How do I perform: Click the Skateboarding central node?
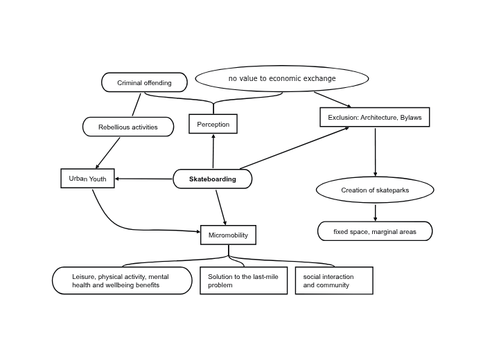tap(212, 179)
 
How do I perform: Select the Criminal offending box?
tap(144, 82)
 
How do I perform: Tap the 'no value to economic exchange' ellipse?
tap(282, 79)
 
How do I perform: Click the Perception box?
tap(213, 124)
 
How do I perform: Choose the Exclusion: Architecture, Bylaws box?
tap(374, 117)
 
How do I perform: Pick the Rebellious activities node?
tap(128, 127)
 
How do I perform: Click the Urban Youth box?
tap(87, 178)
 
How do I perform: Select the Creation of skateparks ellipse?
tap(375, 190)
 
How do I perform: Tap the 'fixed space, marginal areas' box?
tap(375, 231)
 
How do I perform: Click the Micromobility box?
tap(228, 235)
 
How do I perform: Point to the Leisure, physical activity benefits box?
tap(122, 280)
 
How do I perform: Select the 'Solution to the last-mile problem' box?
tap(243, 280)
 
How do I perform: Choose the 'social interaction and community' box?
tap(333, 280)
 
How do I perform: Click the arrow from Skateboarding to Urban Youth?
tap(143, 179)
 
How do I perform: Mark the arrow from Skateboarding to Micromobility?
tap(221, 207)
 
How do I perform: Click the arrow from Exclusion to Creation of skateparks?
tap(375, 152)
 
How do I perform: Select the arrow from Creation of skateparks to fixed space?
tap(375, 212)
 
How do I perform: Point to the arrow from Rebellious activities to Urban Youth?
tap(108, 153)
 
